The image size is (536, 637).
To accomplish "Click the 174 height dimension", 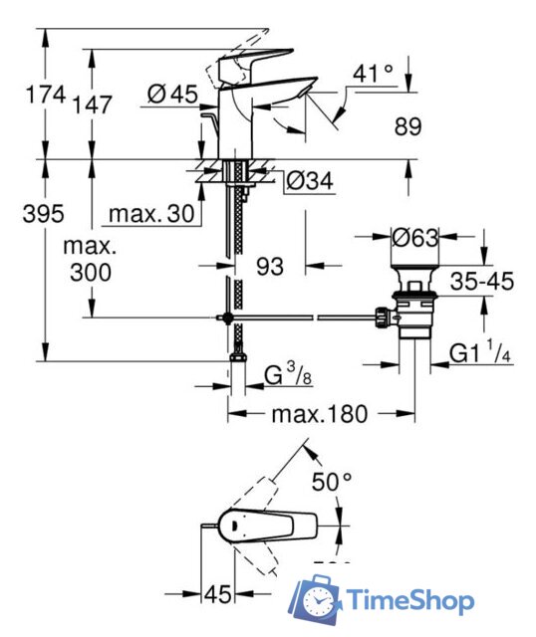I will click(45, 97).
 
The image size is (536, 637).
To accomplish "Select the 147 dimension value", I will click(93, 104).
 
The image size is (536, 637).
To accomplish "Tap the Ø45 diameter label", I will click(170, 95).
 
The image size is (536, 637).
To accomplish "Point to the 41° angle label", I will click(373, 74).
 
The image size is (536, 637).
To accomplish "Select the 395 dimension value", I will click(45, 213).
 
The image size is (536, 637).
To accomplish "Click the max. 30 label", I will click(150, 213).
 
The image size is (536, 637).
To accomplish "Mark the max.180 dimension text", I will click(318, 412).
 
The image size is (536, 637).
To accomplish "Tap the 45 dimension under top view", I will click(218, 594).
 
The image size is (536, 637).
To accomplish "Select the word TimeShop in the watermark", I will click(410, 600).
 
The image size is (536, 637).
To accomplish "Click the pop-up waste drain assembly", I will click(412, 308).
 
